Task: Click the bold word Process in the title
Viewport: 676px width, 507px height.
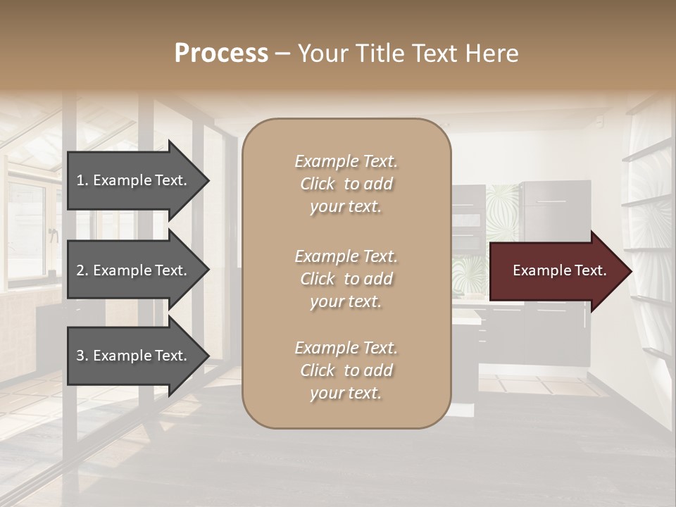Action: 221,54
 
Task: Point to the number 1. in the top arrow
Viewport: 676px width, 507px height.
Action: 82,180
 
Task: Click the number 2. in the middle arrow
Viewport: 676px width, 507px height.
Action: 82,270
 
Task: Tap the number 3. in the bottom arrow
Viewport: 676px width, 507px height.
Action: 82,356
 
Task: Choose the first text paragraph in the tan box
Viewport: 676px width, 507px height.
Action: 346,184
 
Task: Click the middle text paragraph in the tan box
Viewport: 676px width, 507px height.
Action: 346,279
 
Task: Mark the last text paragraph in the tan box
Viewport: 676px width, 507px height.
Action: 346,370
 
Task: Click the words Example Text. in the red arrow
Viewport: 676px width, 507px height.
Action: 559,270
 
